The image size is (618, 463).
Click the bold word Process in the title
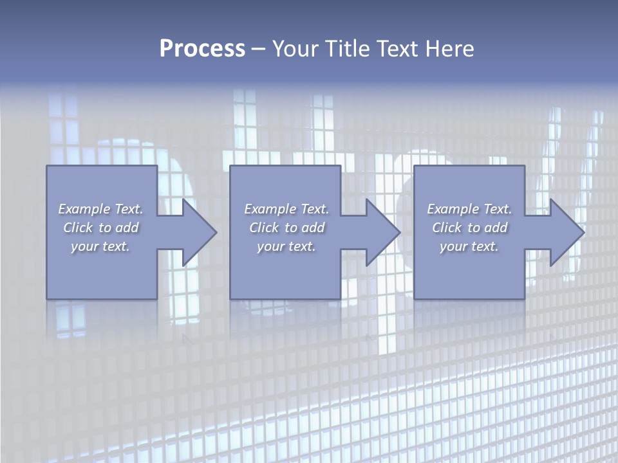(202, 49)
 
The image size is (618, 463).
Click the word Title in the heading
(346, 49)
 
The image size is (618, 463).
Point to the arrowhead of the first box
(200, 233)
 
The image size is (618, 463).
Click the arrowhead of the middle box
(384, 233)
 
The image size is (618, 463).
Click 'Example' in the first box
(84, 209)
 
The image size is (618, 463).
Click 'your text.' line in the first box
(100, 246)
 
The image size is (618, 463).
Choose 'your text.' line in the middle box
(286, 246)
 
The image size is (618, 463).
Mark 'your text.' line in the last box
(469, 246)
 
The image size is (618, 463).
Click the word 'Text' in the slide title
(395, 49)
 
